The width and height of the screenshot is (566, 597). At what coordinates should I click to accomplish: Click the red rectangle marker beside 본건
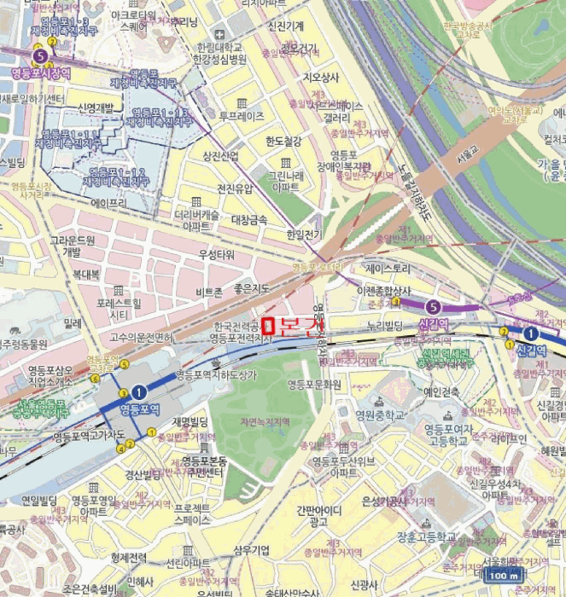268,325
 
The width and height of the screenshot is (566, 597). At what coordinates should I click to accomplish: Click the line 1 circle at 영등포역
139,391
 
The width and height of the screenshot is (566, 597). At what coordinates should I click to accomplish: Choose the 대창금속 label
249,220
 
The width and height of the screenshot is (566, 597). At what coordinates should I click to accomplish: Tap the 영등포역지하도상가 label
214,374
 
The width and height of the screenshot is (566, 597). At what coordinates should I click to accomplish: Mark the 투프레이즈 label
242,115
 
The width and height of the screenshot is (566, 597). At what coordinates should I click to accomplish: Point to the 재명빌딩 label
190,421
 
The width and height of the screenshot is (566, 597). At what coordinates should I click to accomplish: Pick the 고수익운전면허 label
141,337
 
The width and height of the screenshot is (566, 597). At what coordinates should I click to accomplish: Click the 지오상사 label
321,78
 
